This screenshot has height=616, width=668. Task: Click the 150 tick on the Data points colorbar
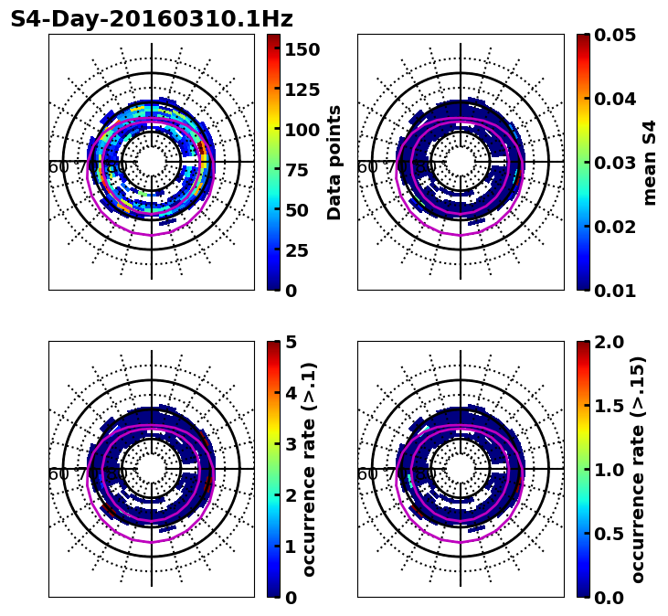tap(302, 48)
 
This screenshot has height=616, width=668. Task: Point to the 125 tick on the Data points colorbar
tap(302, 89)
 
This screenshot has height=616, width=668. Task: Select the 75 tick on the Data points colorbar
tap(302, 169)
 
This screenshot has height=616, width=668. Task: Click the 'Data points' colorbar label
tap(334, 162)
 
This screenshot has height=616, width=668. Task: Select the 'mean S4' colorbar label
tap(650, 162)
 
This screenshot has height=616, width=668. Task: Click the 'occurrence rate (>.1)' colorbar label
tap(310, 469)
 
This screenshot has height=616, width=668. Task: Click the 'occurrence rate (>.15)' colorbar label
tap(638, 469)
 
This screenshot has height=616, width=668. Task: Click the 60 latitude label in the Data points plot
tap(58, 167)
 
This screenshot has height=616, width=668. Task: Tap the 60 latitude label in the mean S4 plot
tap(366, 167)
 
